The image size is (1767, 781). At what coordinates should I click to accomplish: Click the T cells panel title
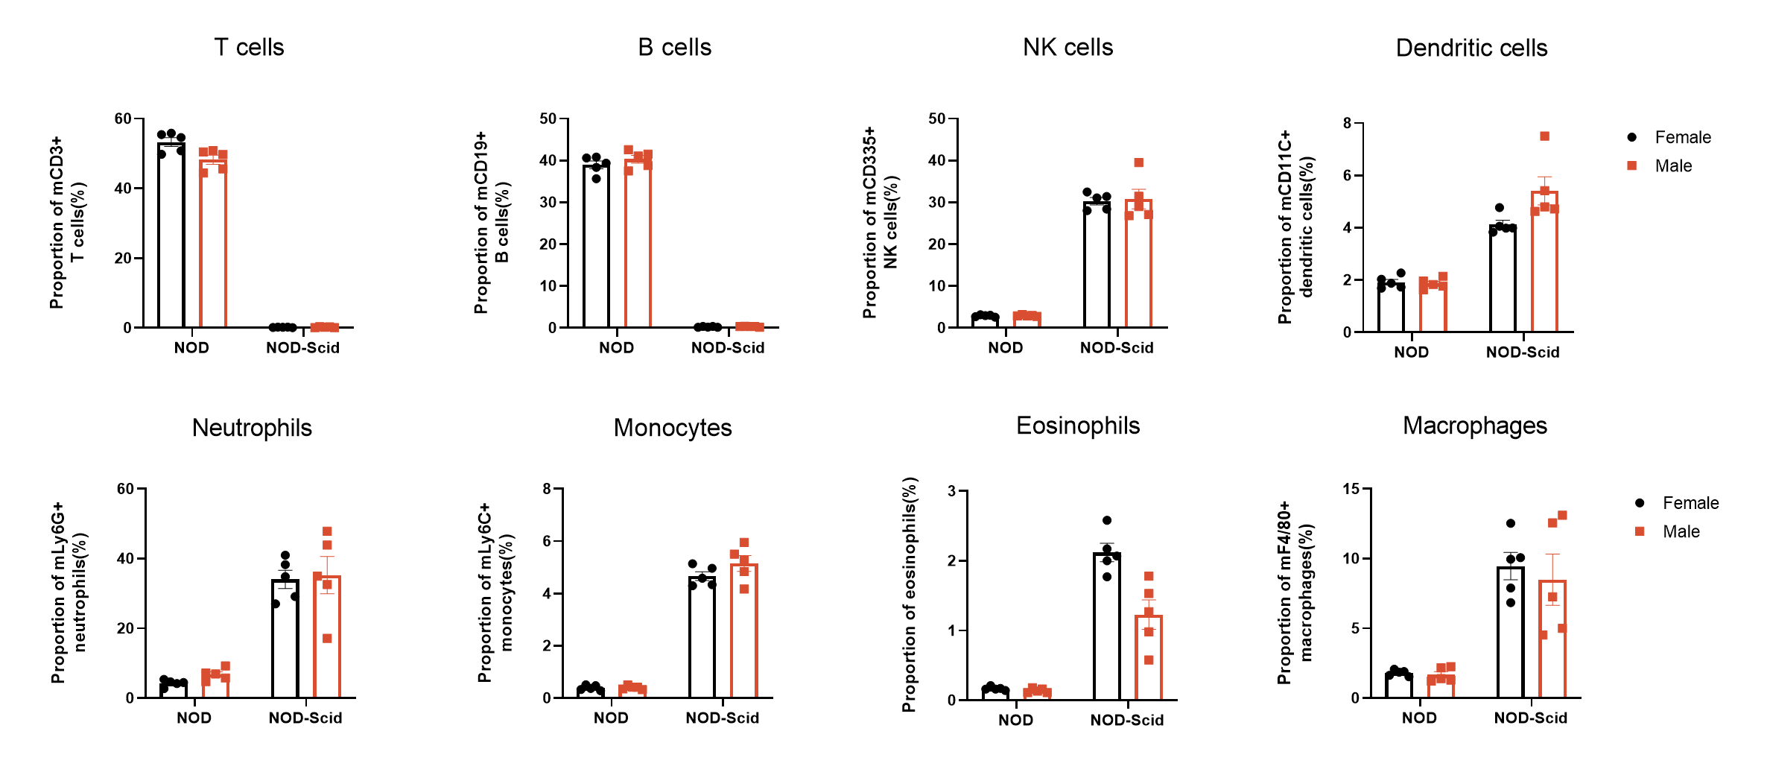(x=249, y=48)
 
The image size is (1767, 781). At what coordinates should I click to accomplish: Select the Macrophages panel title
(x=1474, y=426)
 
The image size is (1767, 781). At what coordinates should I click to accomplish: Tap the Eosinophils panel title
(x=1077, y=426)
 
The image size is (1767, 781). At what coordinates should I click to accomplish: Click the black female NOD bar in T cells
(x=171, y=238)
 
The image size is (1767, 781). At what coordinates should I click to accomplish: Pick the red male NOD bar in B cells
(x=638, y=246)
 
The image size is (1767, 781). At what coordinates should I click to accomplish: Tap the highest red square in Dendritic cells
(x=1544, y=136)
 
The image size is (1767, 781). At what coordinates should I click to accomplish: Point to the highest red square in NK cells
(x=1138, y=162)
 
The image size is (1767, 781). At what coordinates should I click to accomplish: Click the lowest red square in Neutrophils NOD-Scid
(x=327, y=639)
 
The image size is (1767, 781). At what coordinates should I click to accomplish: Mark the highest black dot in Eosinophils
(x=1107, y=520)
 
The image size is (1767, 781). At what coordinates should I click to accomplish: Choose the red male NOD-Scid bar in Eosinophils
(x=1149, y=660)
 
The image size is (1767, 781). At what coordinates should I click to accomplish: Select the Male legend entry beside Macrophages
(x=1681, y=531)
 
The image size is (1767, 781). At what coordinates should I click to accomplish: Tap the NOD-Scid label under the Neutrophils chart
(x=305, y=718)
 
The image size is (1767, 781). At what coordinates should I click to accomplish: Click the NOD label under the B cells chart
(x=616, y=348)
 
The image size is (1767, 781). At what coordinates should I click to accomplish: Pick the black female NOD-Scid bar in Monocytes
(x=702, y=638)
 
